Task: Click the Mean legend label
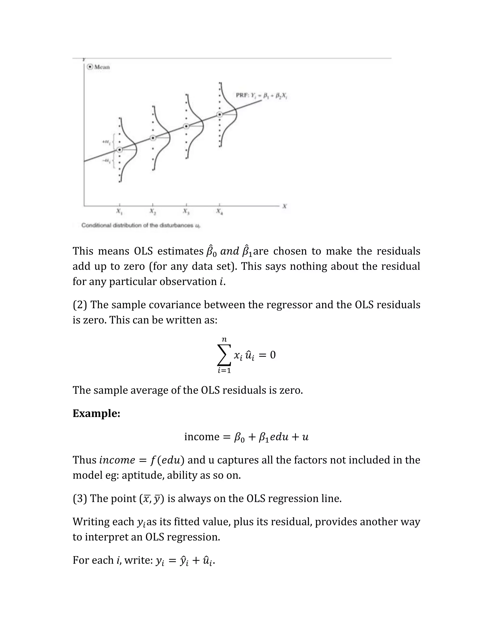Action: (x=102, y=67)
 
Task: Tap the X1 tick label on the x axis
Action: (x=119, y=211)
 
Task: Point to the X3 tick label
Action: (x=186, y=211)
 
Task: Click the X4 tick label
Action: (x=220, y=211)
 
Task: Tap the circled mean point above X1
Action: (x=119, y=150)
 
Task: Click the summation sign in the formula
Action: (x=224, y=355)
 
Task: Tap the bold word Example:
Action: (x=96, y=413)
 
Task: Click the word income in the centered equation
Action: (x=201, y=437)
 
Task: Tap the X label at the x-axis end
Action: (x=285, y=206)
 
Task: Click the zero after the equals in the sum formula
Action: (x=273, y=355)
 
